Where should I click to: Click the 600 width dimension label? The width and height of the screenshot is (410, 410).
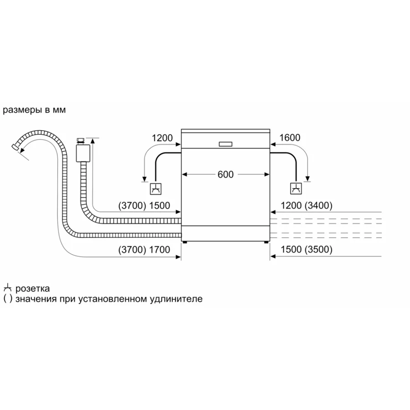point(225,174)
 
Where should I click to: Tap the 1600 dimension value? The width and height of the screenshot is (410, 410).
point(290,137)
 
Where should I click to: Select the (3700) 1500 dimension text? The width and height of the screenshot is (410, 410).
point(144,206)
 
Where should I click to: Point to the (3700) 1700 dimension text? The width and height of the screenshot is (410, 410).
point(144,250)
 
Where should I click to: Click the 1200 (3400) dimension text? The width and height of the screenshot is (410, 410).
point(306,206)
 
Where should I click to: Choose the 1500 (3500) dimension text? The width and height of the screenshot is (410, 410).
point(306,250)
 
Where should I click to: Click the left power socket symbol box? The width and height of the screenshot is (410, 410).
point(156,189)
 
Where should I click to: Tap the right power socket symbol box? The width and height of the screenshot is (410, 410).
point(296,189)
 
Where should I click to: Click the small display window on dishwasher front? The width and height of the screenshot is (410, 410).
point(225,144)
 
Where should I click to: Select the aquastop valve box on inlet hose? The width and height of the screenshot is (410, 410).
point(83,153)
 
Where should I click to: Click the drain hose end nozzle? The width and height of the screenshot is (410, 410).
point(15,147)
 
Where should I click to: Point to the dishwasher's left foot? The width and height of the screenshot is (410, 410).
point(185,242)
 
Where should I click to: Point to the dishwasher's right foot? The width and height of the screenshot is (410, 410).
point(266,242)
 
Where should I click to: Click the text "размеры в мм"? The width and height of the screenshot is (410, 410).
point(34,110)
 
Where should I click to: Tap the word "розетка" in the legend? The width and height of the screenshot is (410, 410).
point(32,289)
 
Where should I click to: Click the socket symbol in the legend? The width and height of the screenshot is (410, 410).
point(8,288)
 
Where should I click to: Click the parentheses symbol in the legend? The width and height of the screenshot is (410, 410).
point(8,299)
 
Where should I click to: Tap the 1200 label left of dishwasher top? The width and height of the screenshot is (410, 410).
point(162,138)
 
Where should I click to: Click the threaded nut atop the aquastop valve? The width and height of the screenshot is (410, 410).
point(80,140)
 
